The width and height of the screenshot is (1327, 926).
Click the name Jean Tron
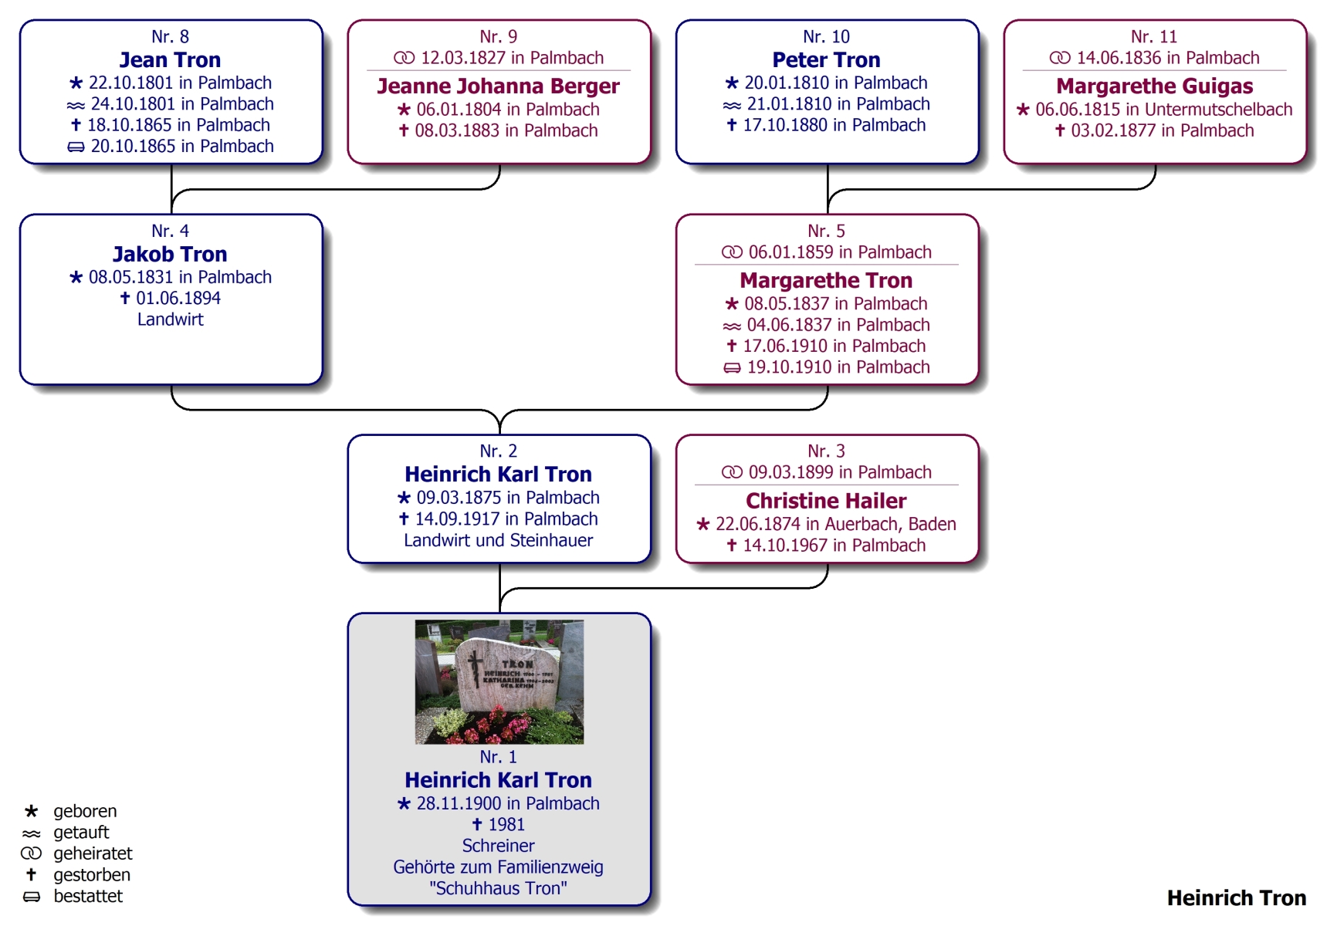pyautogui.click(x=170, y=60)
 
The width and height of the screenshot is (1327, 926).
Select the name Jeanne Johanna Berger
pyautogui.click(x=498, y=86)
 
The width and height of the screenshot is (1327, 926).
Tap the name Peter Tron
pyautogui.click(x=826, y=60)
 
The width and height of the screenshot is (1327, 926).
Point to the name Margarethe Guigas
pyautogui.click(x=1154, y=86)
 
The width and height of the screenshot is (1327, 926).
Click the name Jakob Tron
pyautogui.click(x=170, y=255)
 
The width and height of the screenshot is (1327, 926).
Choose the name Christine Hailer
pyautogui.click(x=826, y=501)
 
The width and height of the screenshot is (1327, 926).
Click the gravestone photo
pyautogui.click(x=499, y=682)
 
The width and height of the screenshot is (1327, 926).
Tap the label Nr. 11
pyautogui.click(x=1154, y=37)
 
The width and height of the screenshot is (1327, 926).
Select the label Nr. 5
pyautogui.click(x=826, y=231)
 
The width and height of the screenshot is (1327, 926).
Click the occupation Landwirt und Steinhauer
pyautogui.click(x=498, y=540)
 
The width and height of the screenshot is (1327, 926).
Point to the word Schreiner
pyautogui.click(x=498, y=846)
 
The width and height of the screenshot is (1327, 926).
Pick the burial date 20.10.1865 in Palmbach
pyautogui.click(x=182, y=147)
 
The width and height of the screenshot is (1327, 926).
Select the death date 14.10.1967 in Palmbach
pyautogui.click(x=834, y=546)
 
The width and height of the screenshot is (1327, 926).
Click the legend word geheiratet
pyautogui.click(x=93, y=853)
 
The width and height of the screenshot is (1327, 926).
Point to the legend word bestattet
pyautogui.click(x=88, y=896)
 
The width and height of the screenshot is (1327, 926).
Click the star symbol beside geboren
pyautogui.click(x=31, y=811)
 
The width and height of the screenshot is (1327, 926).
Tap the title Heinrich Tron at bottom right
pyautogui.click(x=1236, y=898)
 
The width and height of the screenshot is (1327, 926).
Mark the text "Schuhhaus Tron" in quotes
pyautogui.click(x=498, y=888)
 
